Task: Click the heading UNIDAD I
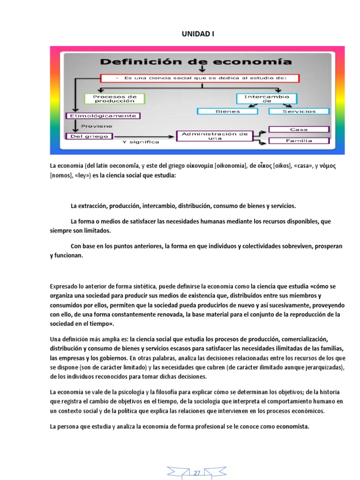[197, 34]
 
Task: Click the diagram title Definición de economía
[196, 61]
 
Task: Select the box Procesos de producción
[115, 98]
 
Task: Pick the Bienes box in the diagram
[227, 112]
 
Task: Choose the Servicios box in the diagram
[299, 112]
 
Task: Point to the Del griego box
[89, 136]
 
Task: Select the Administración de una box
[214, 136]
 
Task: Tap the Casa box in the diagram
[299, 129]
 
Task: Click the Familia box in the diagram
[299, 141]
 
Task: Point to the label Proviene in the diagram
[97, 126]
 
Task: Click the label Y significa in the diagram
[141, 142]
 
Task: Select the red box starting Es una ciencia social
[200, 78]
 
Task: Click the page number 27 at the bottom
[197, 473]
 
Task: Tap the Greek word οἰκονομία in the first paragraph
[194, 166]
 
